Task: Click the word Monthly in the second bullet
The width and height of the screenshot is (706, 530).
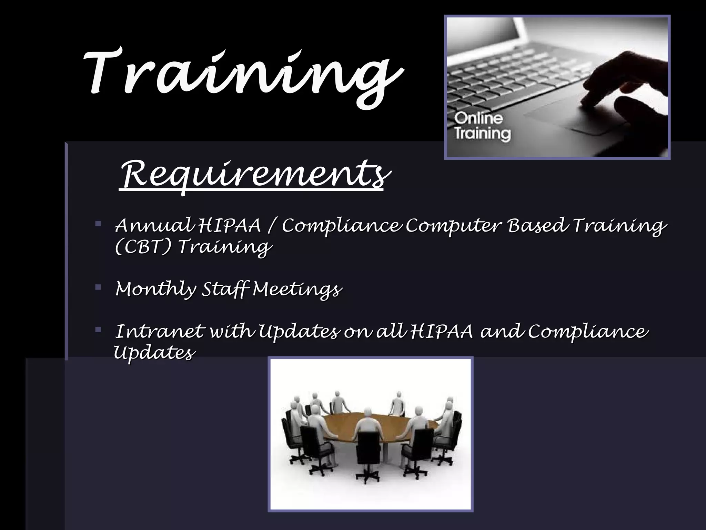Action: (155, 289)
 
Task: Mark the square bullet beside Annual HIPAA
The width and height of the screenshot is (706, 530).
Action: (98, 224)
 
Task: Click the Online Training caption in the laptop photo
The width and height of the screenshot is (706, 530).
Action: (482, 126)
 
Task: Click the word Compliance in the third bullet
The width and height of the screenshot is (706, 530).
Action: (588, 331)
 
